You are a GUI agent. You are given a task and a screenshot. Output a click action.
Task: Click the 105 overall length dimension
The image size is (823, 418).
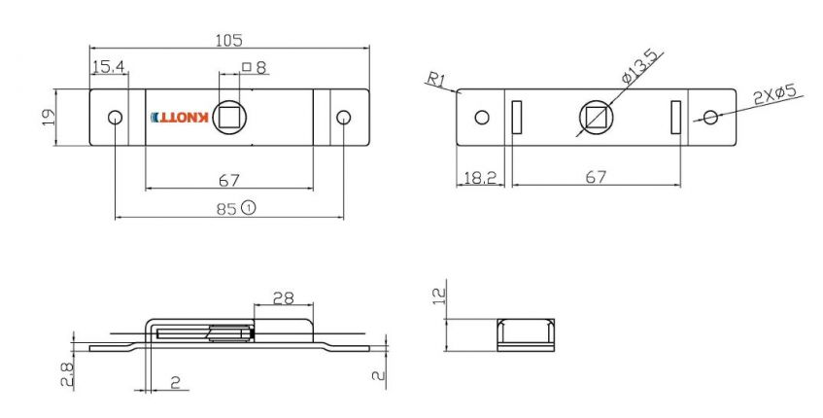pos(228,40)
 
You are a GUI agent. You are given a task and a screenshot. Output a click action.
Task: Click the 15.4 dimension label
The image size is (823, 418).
pos(108,67)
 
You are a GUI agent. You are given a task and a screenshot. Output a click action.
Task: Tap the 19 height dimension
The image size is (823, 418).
pos(47,118)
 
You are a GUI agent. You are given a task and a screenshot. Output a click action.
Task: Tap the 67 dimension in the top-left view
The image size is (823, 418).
pos(229,180)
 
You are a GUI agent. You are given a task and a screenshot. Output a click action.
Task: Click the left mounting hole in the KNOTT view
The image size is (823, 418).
pos(115,118)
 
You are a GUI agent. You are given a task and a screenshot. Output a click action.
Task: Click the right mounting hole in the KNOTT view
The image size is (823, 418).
pos(343,118)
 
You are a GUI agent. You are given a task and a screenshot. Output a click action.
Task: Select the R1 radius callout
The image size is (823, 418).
pos(434,80)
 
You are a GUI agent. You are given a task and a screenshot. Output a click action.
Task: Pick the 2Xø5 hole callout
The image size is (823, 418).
pos(774,94)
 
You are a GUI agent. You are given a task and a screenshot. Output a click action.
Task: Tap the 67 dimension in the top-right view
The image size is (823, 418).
pos(596,177)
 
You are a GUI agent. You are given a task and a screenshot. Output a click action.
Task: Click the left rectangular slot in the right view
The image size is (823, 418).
pos(516,118)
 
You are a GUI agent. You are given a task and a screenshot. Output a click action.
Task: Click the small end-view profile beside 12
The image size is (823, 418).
pos(526,333)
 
